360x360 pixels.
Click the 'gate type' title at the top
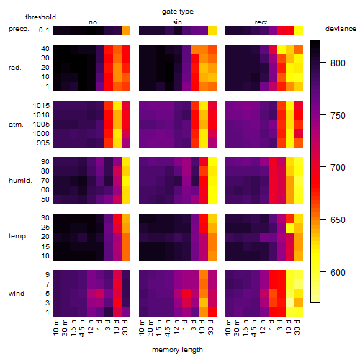tap(178, 12)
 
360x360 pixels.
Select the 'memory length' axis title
tap(178, 350)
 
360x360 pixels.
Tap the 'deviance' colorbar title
tap(341, 29)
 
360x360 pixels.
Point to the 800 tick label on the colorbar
tap(338, 63)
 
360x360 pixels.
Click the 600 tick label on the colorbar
tap(338, 273)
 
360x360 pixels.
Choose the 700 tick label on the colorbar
tap(338, 167)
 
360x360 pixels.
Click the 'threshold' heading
tap(40, 17)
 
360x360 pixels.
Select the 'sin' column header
tap(177, 22)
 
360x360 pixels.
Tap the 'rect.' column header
tap(262, 22)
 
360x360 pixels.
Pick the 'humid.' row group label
tap(20, 181)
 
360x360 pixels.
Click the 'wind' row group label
tap(17, 294)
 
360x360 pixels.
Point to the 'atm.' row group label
tap(16, 125)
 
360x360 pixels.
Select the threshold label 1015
tap(41, 106)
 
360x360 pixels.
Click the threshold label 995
tap(43, 143)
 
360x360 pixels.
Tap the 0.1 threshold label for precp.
tap(44, 30)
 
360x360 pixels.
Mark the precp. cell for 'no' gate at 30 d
tap(126, 31)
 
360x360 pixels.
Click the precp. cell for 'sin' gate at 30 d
tap(212, 31)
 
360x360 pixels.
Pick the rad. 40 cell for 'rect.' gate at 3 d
tap(282, 50)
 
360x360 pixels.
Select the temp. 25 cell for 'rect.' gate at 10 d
tap(290, 228)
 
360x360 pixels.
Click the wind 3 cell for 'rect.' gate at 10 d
tap(290, 302)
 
